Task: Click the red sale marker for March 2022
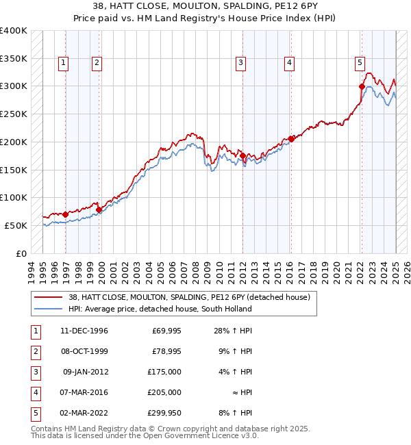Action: pos(362,86)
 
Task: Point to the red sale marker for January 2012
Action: pos(242,156)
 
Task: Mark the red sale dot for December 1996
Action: pos(65,214)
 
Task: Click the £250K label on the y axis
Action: pos(14,114)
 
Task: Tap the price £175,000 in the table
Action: pos(164,372)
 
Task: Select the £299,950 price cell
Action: pos(164,413)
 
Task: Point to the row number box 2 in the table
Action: pos(35,352)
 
